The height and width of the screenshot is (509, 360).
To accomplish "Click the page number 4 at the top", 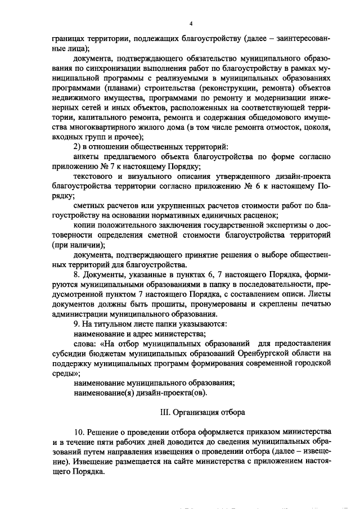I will tap(191, 23).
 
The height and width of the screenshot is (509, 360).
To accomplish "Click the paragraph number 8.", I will tap(76, 276).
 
